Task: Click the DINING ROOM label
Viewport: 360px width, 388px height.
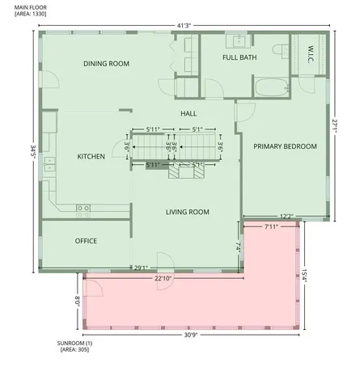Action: pyautogui.click(x=106, y=64)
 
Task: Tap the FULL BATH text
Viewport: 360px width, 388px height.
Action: pyautogui.click(x=240, y=58)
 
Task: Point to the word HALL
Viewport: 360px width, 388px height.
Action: pyautogui.click(x=188, y=114)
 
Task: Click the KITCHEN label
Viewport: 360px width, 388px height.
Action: pyautogui.click(x=91, y=156)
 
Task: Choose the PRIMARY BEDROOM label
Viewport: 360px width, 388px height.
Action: pyautogui.click(x=285, y=146)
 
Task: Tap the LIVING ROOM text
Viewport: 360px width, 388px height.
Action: pyautogui.click(x=188, y=212)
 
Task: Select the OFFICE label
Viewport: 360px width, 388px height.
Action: pyautogui.click(x=86, y=241)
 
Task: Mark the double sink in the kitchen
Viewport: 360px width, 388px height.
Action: pyautogui.click(x=49, y=167)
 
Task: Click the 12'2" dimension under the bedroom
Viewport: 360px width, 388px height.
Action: pyautogui.click(x=286, y=216)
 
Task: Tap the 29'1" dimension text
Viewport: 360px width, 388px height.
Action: pyautogui.click(x=141, y=268)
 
